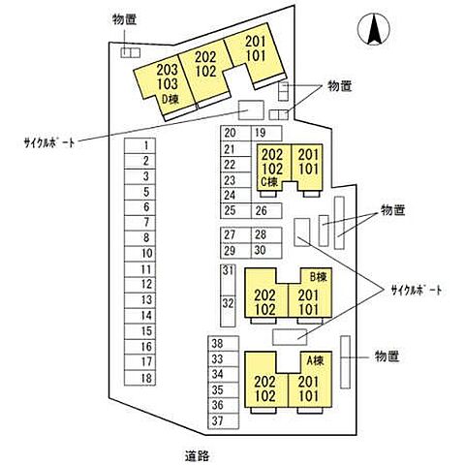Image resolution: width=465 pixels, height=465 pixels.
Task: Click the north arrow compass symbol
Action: [x=374, y=29]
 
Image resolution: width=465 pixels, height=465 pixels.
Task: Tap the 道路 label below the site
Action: [x=197, y=455]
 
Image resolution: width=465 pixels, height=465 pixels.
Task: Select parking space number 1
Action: [x=139, y=145]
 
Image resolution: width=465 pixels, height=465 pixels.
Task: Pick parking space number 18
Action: [x=139, y=378]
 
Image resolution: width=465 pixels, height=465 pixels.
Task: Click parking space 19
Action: [x=266, y=133]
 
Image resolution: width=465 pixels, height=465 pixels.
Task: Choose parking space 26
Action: [x=266, y=211]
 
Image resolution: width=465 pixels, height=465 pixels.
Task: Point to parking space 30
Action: [x=266, y=250]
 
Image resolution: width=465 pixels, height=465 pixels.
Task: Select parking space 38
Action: [x=224, y=344]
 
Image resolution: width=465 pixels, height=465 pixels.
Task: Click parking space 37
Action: [x=224, y=421]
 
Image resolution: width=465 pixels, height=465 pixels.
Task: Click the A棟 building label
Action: [x=315, y=360]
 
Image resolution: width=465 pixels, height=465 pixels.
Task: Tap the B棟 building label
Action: [x=319, y=277]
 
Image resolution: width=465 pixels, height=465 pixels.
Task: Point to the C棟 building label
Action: [x=269, y=182]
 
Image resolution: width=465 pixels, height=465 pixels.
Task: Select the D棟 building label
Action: [x=170, y=100]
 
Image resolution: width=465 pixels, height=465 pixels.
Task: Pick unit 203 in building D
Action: [x=168, y=70]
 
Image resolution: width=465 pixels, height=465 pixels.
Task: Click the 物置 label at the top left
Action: [x=124, y=19]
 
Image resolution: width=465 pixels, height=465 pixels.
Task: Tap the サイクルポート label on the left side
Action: [x=49, y=142]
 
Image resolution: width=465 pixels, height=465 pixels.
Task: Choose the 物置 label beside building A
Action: [x=387, y=356]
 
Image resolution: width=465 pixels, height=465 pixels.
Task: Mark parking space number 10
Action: [x=139, y=254]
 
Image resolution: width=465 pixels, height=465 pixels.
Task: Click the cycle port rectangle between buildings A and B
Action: [x=290, y=337]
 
